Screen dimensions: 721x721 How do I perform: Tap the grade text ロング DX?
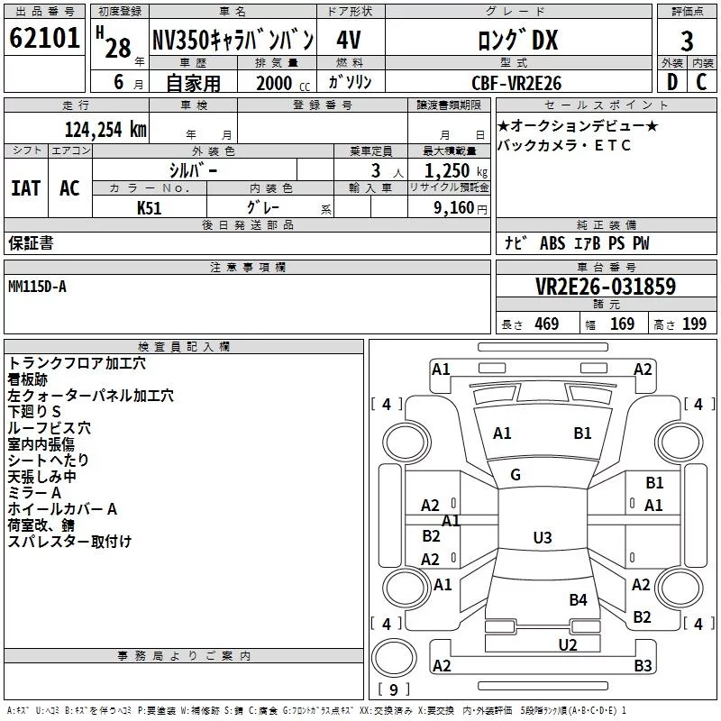[517, 40]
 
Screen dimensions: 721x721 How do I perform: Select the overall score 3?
[687, 41]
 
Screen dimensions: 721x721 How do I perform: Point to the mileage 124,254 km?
[105, 129]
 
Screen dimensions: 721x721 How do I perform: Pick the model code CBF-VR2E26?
[516, 82]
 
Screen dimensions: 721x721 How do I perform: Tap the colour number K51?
[150, 207]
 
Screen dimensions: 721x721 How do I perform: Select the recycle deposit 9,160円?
[459, 207]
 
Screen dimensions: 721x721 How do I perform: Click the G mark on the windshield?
[516, 475]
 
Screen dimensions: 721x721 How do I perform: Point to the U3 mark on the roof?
[542, 538]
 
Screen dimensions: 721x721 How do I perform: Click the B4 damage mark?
[578, 599]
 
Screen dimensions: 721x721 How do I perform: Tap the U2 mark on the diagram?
[567, 644]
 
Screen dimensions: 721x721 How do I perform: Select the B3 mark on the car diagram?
[642, 666]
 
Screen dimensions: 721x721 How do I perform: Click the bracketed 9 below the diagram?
[392, 690]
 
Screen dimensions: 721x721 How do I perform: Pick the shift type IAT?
[25, 188]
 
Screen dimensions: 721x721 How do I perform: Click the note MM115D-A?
[37, 286]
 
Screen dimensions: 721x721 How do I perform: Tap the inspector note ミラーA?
[34, 492]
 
